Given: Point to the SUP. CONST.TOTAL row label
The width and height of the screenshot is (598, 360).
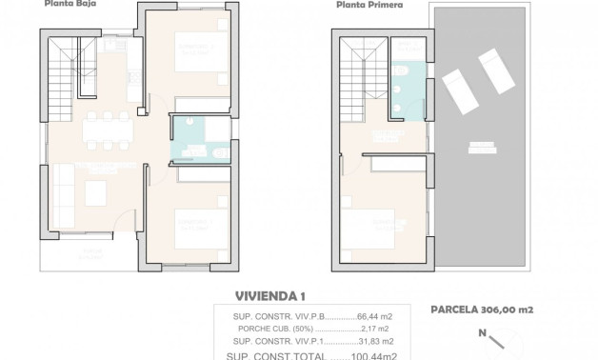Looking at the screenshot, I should point(269,354).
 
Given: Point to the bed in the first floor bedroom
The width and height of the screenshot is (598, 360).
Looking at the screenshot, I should point(378,227).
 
